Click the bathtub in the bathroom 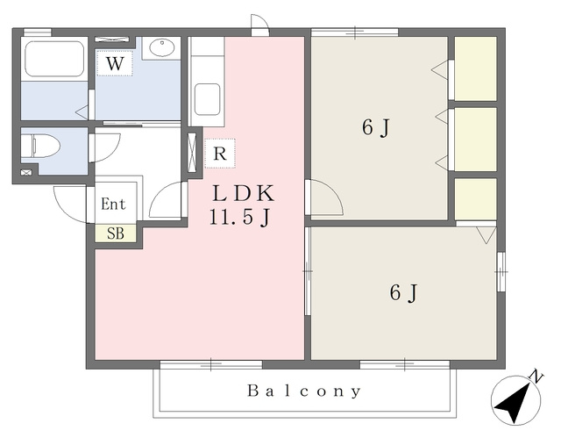(x=54, y=59)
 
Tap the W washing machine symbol (x=115, y=63)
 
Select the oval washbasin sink (x=161, y=47)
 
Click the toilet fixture (x=40, y=146)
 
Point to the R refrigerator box (x=220, y=154)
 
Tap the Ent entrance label (x=113, y=205)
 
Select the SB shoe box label (x=116, y=233)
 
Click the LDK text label (x=244, y=193)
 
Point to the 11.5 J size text (x=239, y=217)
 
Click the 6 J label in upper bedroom (x=375, y=128)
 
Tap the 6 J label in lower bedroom (x=403, y=293)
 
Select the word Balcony (x=304, y=391)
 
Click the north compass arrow (x=512, y=403)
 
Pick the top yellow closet (x=475, y=68)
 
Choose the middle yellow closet (x=475, y=140)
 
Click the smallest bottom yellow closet (x=475, y=199)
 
